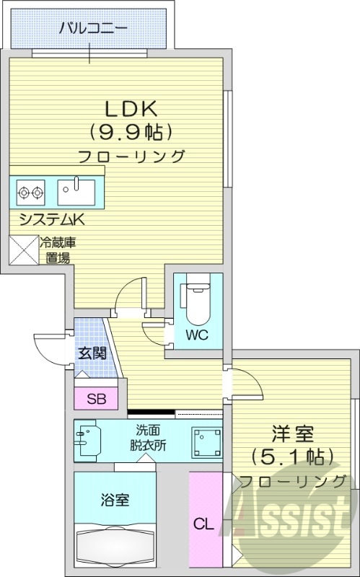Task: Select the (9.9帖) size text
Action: [x=131, y=132]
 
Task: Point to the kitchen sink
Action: [x=76, y=192]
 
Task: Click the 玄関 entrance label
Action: [x=92, y=353]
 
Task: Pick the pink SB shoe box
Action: [x=95, y=397]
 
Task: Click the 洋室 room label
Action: [x=292, y=434]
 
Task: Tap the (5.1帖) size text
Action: [x=292, y=457]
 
